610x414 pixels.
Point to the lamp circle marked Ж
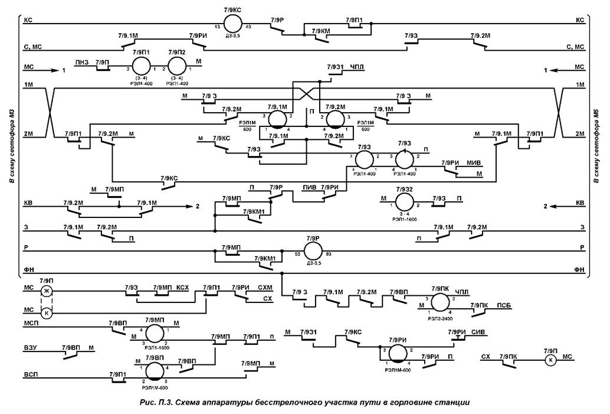(47, 291)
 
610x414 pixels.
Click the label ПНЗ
(81, 61)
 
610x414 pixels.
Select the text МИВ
(475, 162)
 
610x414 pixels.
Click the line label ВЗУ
(31, 349)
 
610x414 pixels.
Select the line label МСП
(32, 324)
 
